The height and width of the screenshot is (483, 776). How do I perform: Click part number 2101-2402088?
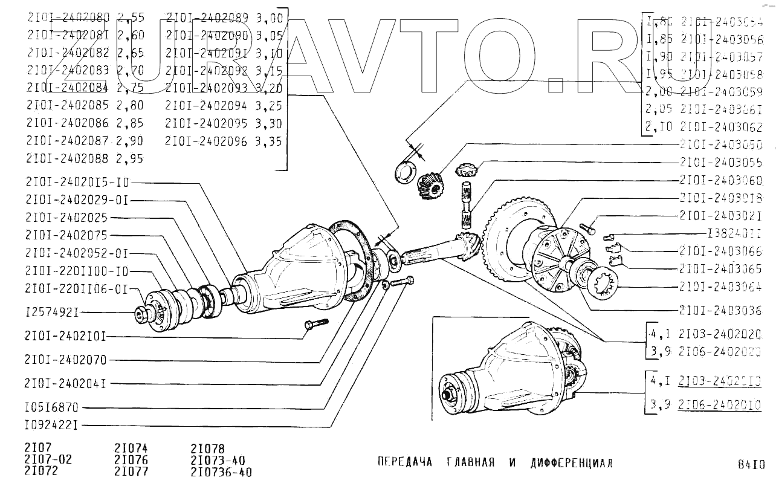68,160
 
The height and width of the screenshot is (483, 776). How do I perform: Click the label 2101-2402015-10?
77,182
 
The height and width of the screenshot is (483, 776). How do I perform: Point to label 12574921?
53,313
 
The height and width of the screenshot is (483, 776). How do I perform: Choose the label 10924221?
52,425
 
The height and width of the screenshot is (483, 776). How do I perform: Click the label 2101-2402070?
66,360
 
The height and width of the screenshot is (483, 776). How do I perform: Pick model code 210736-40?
221,472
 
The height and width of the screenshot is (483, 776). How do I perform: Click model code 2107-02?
48,460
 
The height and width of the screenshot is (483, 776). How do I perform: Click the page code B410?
751,465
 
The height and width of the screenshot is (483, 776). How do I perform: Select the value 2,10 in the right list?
659,128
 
